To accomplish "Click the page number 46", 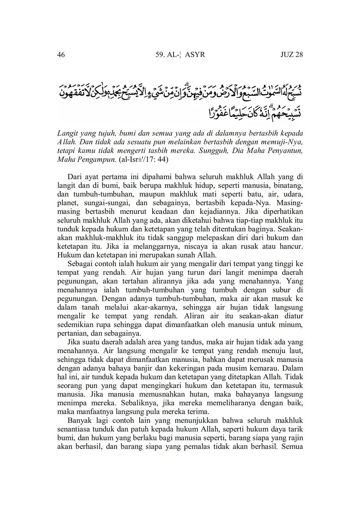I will pyautogui.click(x=61, y=55).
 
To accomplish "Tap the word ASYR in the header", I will pyautogui.click(x=195, y=55).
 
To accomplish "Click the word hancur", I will pyautogui.click(x=292, y=246).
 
